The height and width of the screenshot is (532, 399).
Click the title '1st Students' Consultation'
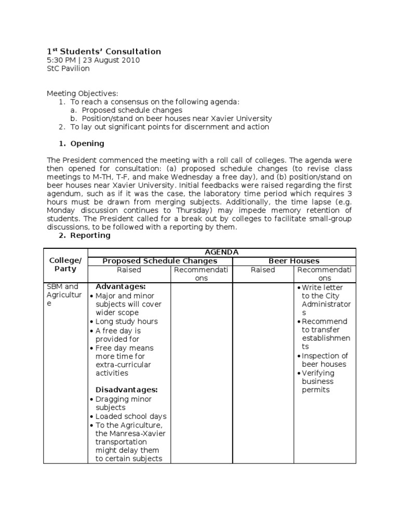click(104, 51)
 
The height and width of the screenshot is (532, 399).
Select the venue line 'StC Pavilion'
click(68, 69)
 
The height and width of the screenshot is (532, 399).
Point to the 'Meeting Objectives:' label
click(83, 94)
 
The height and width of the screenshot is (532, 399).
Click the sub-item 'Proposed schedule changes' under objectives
click(132, 110)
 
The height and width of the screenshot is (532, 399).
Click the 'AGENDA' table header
click(222, 252)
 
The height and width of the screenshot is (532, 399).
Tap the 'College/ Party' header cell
click(65, 265)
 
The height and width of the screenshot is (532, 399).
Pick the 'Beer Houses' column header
click(294, 261)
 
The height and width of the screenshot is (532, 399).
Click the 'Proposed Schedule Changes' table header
click(160, 261)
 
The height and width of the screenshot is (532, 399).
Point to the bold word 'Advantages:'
click(121, 287)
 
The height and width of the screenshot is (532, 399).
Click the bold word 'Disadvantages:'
click(127, 390)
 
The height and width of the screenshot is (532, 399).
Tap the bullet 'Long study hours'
click(126, 322)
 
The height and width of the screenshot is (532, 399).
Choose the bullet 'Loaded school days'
click(130, 417)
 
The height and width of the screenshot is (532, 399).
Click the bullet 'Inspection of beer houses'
click(324, 360)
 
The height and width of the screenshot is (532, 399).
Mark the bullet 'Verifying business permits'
click(318, 381)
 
